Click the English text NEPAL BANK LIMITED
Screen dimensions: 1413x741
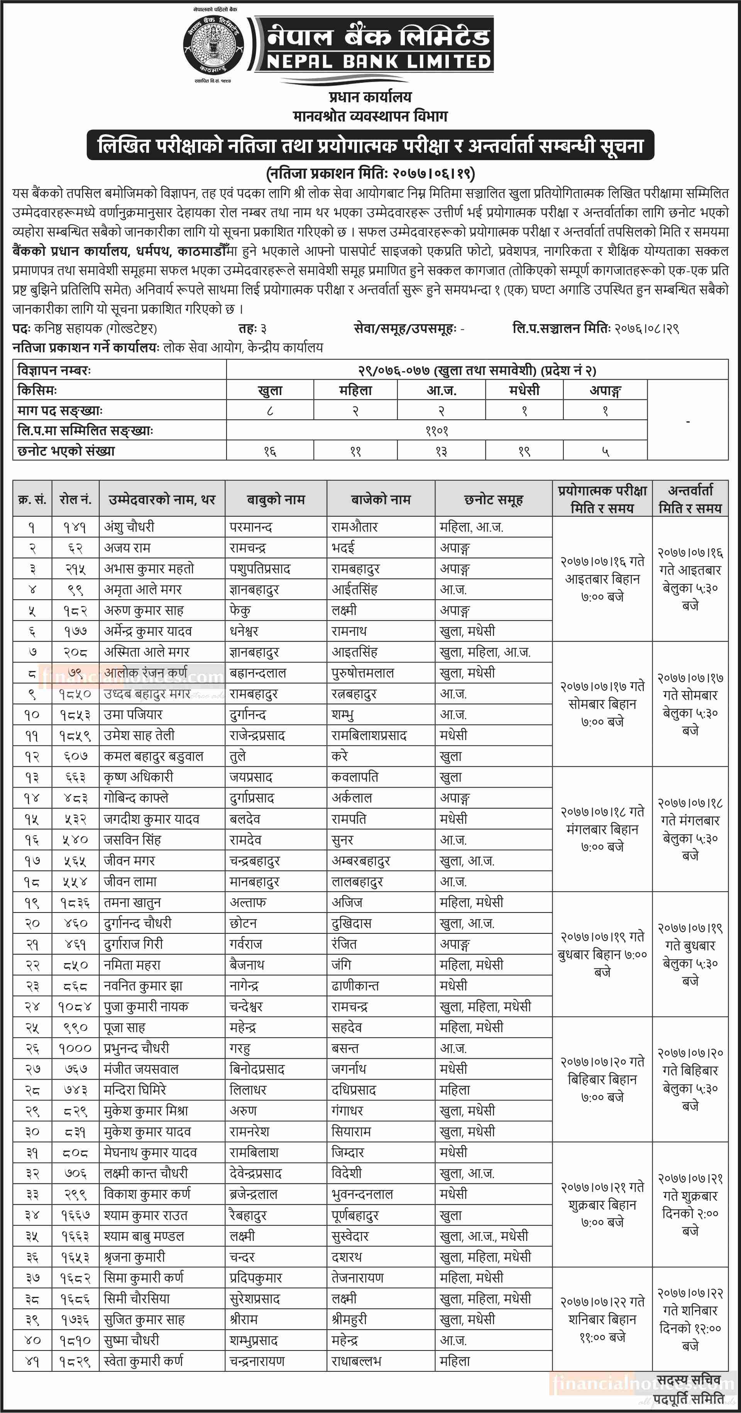379,61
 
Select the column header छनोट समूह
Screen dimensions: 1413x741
493,499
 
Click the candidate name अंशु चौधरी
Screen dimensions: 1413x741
129,527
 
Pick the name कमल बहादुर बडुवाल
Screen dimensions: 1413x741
154,756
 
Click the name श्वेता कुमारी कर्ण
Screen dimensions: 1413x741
144,1361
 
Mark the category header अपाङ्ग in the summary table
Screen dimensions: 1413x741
605,390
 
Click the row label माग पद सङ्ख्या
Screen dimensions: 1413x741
60,410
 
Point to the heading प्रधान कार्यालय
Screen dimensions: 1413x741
370,97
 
